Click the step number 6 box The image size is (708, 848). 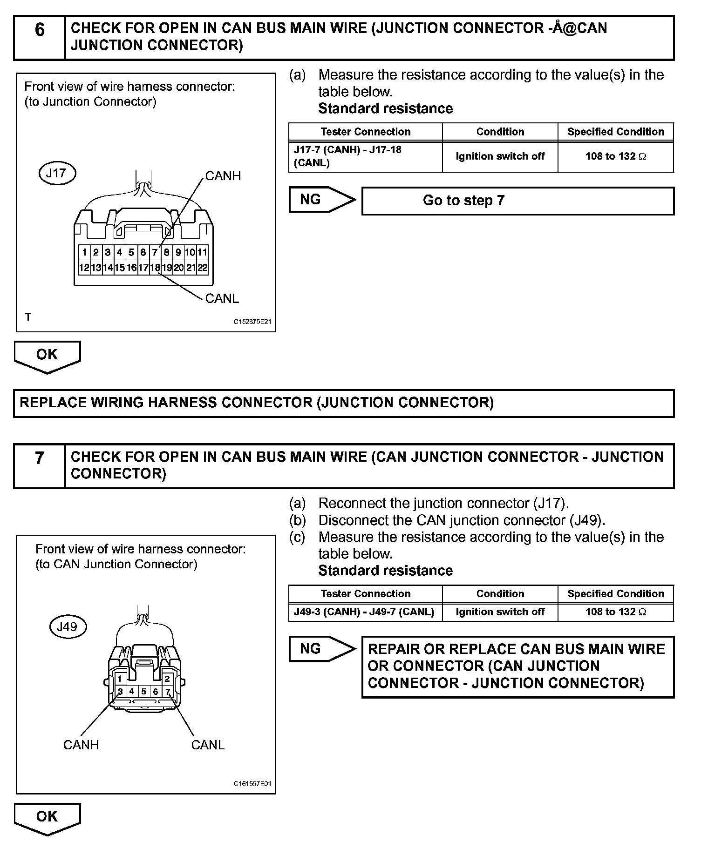tap(40, 37)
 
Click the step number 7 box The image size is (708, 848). tap(40, 466)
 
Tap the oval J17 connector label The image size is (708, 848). tap(56, 174)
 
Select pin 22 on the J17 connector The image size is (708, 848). tap(203, 268)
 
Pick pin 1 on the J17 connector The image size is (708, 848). tap(84, 253)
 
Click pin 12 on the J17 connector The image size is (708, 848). tap(84, 268)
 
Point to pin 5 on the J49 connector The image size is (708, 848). tap(144, 692)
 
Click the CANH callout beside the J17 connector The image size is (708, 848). tap(223, 176)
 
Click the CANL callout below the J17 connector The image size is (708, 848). tap(222, 298)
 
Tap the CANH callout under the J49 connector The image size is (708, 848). tap(81, 745)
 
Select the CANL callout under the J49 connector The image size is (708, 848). tap(208, 745)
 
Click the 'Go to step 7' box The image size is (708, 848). tap(517, 201)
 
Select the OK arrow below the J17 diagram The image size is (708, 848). tap(47, 356)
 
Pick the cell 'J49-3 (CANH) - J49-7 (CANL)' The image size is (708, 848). tap(365, 612)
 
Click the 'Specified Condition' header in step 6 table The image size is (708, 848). tap(615, 132)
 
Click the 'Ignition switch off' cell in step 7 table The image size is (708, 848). tap(500, 612)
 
